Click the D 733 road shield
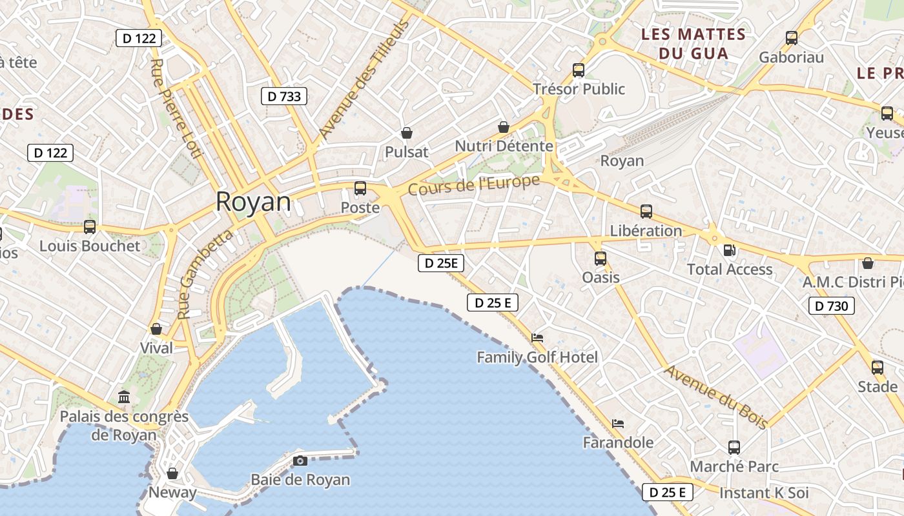[284, 97]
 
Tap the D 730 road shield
[832, 306]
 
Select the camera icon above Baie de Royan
[300, 461]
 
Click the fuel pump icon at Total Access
[730, 250]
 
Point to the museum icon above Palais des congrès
[124, 397]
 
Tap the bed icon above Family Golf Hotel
[537, 337]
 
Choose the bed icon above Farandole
[618, 424]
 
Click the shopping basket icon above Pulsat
[407, 133]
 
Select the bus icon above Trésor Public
[579, 70]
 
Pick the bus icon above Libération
[646, 211]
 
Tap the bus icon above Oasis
[601, 258]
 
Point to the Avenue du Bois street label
[716, 397]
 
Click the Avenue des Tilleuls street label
[364, 80]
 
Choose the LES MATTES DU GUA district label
[693, 44]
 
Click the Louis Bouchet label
[90, 246]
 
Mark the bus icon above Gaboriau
[792, 37]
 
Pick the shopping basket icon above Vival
[156, 329]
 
